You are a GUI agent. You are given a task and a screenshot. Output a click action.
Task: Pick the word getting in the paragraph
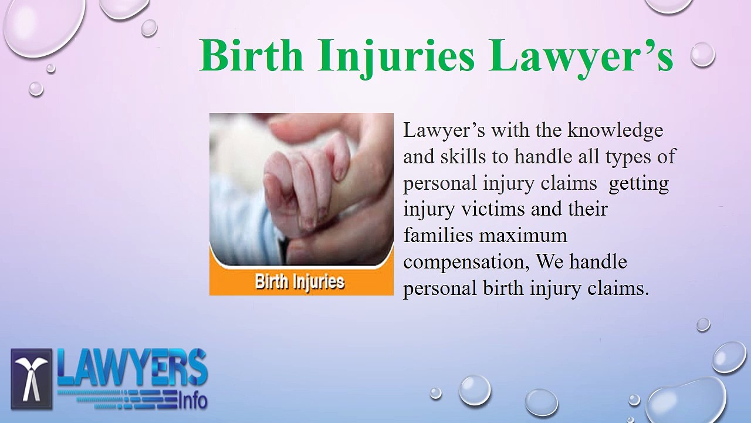click(638, 183)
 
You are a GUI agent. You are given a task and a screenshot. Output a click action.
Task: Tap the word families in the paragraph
click(438, 235)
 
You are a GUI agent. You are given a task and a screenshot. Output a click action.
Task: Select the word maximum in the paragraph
click(524, 236)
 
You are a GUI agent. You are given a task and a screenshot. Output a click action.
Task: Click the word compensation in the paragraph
click(466, 262)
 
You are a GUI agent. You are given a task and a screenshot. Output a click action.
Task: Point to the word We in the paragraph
click(549, 261)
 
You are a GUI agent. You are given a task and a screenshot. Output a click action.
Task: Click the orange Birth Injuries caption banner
click(301, 281)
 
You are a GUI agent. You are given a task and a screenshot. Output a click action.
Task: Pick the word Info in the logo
click(192, 401)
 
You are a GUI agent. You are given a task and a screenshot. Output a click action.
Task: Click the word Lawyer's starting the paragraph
click(444, 130)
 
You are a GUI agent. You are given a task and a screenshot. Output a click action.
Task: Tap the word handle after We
click(598, 261)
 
